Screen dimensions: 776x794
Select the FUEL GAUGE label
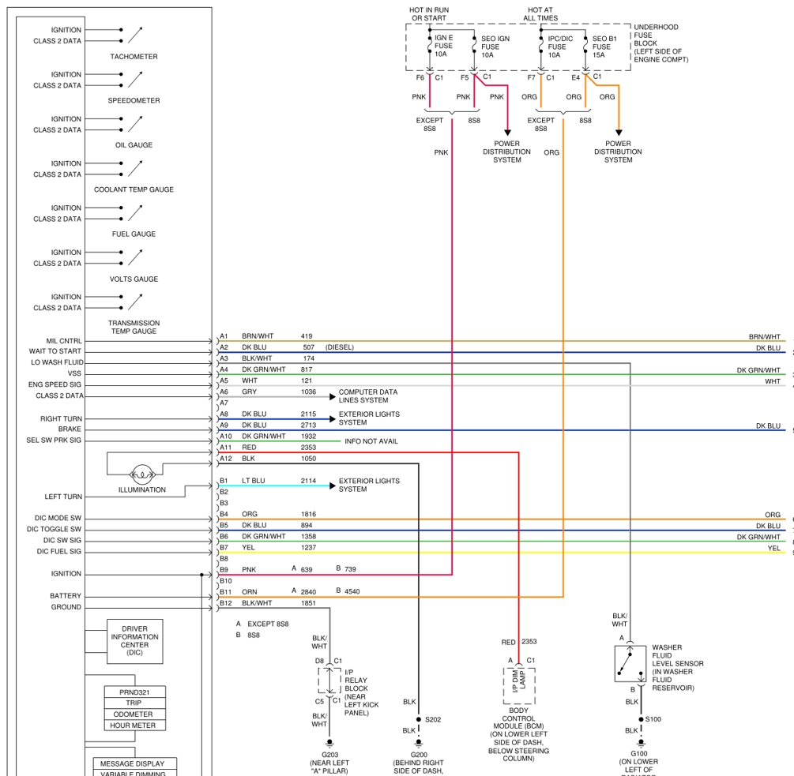point(134,234)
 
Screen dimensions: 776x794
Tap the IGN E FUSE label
point(443,46)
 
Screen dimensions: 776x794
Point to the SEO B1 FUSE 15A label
point(604,46)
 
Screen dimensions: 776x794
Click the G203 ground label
point(329,754)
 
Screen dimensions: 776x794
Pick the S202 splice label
point(433,719)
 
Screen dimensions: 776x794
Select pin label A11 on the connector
point(226,447)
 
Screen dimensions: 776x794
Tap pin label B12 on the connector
point(226,603)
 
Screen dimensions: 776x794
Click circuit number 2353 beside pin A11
point(308,447)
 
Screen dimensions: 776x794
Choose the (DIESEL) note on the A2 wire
point(339,347)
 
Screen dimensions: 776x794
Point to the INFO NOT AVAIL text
point(371,441)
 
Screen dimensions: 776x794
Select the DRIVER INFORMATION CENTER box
point(134,641)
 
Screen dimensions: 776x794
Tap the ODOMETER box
point(135,714)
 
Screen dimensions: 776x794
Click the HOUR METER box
point(135,725)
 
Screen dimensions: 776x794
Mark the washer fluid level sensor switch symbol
point(630,663)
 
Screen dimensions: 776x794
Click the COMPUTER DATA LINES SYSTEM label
point(368,395)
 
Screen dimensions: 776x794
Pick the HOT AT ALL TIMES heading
point(540,13)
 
